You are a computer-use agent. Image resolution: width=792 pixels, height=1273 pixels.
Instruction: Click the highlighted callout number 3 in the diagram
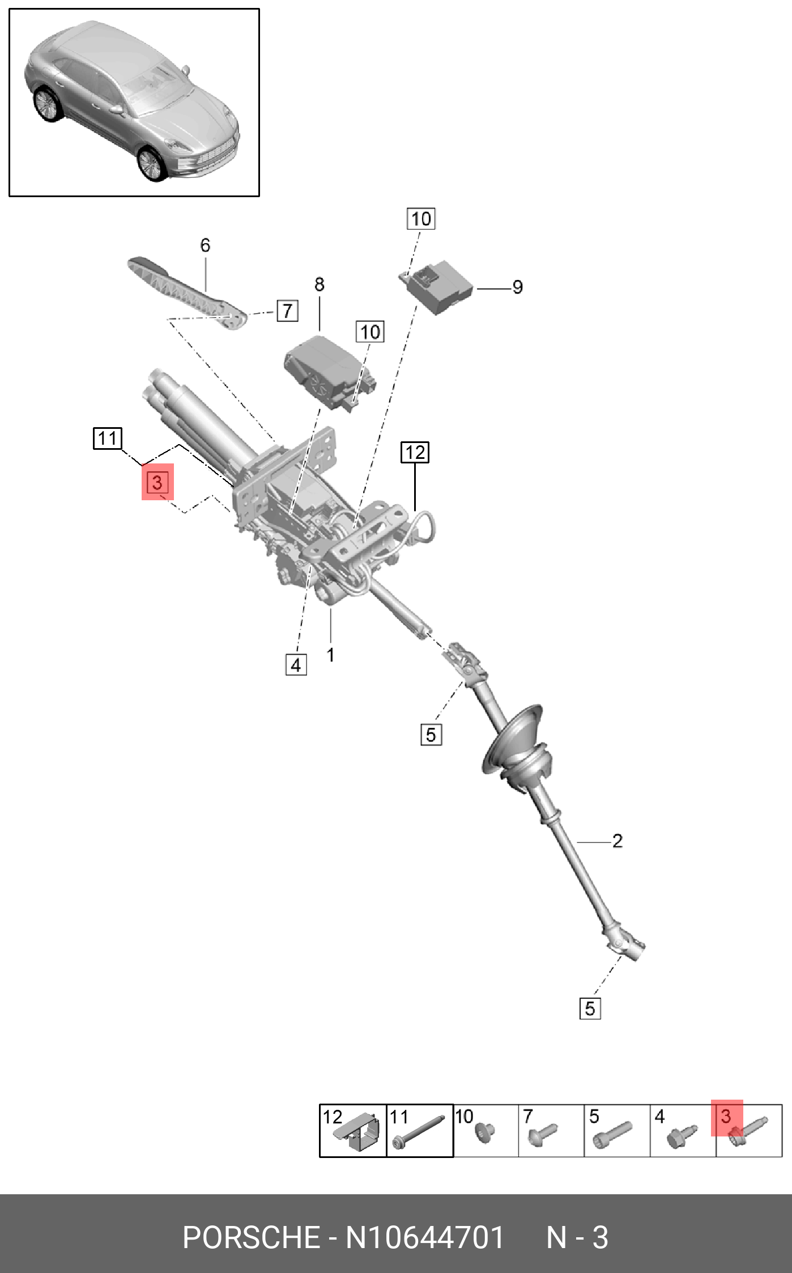click(157, 482)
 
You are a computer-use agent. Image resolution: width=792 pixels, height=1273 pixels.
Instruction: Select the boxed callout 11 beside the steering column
click(107, 438)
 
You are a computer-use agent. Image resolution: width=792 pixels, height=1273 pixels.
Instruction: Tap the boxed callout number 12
click(415, 452)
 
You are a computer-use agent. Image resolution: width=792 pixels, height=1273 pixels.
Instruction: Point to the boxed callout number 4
click(296, 665)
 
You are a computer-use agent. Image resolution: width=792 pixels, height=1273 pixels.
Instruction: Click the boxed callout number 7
click(287, 310)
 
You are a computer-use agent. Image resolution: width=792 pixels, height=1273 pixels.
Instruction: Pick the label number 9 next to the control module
click(517, 287)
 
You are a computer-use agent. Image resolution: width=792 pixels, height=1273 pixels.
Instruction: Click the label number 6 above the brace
click(205, 245)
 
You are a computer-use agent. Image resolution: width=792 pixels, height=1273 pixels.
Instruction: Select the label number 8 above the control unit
click(320, 284)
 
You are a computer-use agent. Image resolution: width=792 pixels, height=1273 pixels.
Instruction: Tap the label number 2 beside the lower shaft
click(617, 841)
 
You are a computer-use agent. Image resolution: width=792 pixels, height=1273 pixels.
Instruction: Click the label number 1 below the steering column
click(330, 655)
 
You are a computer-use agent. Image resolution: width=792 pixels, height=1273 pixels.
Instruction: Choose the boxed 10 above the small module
click(420, 219)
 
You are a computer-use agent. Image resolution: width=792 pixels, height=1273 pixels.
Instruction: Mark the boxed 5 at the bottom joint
click(590, 1008)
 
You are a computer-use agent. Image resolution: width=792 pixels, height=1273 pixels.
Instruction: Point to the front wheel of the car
click(151, 163)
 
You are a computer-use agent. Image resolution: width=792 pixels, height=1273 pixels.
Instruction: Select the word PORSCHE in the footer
click(251, 1237)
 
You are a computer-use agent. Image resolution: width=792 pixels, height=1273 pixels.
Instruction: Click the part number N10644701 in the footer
click(424, 1237)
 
